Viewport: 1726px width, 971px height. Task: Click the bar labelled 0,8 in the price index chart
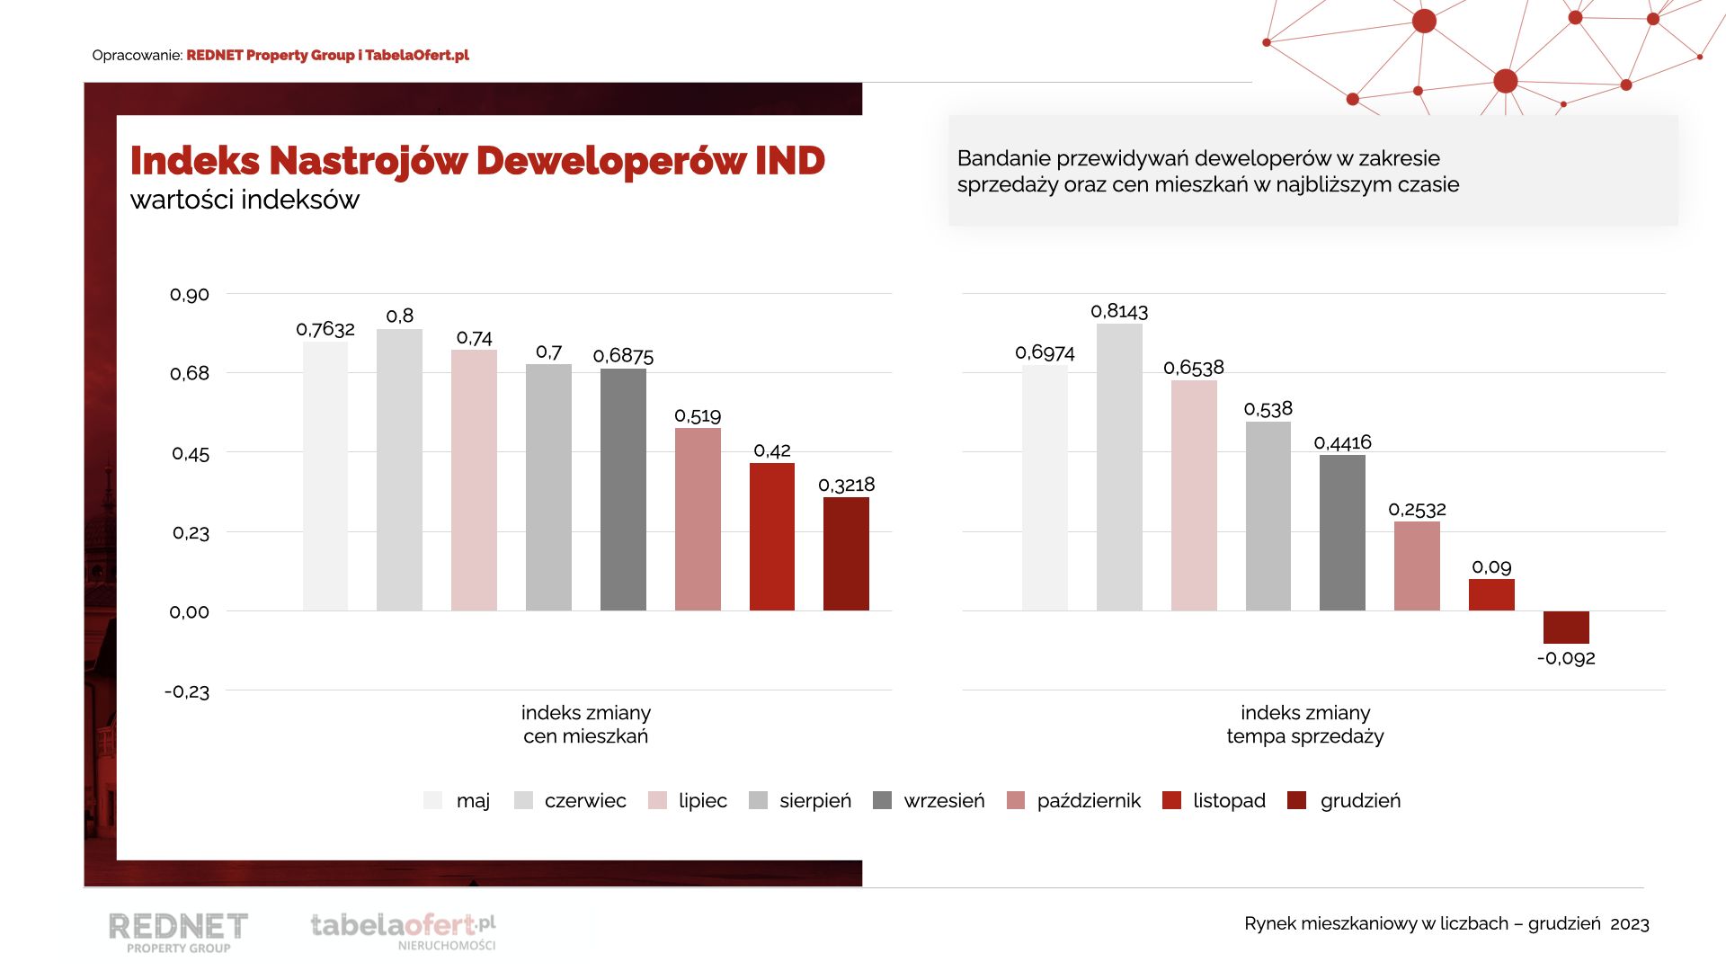(x=399, y=469)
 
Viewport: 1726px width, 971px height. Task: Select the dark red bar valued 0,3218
(x=846, y=554)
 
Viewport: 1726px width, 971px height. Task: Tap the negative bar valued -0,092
(x=1566, y=627)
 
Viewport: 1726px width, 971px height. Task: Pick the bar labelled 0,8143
(x=1119, y=468)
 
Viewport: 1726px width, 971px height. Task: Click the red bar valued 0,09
(x=1491, y=594)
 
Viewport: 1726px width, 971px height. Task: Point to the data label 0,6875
(x=623, y=356)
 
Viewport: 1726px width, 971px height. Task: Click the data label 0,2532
(x=1417, y=510)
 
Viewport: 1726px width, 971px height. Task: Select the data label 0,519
(x=698, y=415)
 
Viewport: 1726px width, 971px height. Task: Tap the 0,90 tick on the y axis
(x=190, y=295)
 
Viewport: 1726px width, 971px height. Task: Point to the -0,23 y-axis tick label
(x=187, y=691)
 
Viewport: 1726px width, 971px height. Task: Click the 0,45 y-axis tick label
(x=191, y=454)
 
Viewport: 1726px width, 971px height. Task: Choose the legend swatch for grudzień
(x=1296, y=800)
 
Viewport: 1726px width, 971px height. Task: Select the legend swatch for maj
(x=433, y=800)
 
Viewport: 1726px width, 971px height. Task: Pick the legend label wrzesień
(x=944, y=800)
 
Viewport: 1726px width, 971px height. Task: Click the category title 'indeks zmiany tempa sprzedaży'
(x=1305, y=725)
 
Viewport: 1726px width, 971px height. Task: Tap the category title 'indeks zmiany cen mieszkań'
(x=586, y=725)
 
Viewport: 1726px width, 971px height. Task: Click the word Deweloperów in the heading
(x=610, y=161)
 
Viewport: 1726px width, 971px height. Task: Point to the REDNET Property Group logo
(x=178, y=931)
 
